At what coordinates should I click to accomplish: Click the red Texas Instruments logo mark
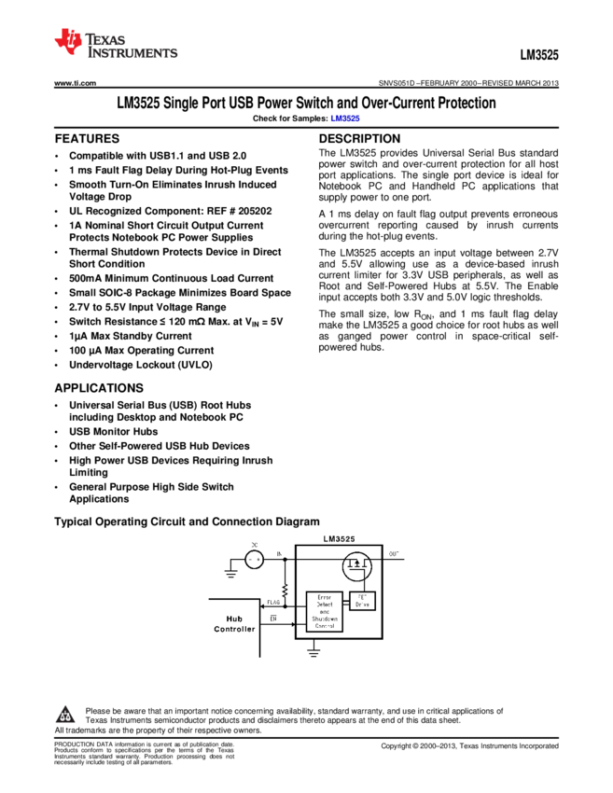pos(67,40)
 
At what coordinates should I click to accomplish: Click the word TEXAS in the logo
pos(105,40)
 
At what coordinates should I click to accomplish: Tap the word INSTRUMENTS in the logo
pos(132,53)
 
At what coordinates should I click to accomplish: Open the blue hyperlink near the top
pos(344,118)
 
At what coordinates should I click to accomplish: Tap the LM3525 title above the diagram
pos(339,539)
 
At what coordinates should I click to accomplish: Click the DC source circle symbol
pos(254,559)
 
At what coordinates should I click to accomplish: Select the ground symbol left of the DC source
pos(230,572)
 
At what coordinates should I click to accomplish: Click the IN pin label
pos(279,553)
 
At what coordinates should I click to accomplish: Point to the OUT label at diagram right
pos(394,554)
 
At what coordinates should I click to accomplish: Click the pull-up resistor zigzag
pos(285,590)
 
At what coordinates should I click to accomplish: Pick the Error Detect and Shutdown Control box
pos(324,612)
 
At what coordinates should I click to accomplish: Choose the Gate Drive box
pos(362,601)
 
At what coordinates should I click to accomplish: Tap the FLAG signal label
pos(273,602)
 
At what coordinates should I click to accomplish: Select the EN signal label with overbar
pos(273,618)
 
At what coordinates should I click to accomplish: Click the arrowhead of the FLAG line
pos(264,606)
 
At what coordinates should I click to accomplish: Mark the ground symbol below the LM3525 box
pos(314,653)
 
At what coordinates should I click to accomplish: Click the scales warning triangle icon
pos(65,716)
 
